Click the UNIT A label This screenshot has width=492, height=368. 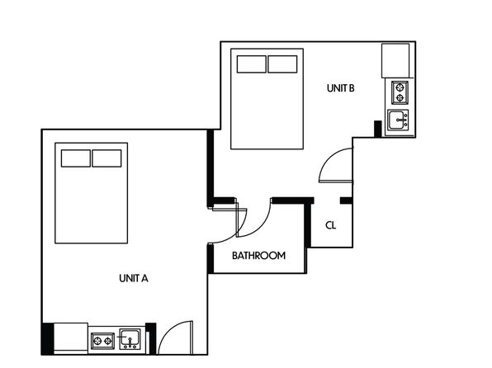pyautogui.click(x=134, y=278)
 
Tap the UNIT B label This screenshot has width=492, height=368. pyautogui.click(x=340, y=88)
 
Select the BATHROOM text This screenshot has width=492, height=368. pyautogui.click(x=259, y=256)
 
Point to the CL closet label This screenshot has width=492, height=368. pyautogui.click(x=331, y=225)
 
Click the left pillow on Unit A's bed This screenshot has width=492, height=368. pyautogui.click(x=76, y=158)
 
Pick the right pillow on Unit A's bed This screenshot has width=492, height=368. pyautogui.click(x=106, y=158)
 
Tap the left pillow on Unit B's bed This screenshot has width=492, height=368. pyautogui.click(x=251, y=64)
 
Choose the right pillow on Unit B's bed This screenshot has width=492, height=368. pyautogui.click(x=282, y=64)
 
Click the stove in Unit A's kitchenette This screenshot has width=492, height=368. pyautogui.click(x=102, y=341)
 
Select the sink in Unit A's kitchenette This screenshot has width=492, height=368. pyautogui.click(x=130, y=339)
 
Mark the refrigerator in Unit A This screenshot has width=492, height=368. pyautogui.click(x=71, y=338)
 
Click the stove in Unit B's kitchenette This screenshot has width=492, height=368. pyautogui.click(x=400, y=92)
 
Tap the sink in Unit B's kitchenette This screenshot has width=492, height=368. pyautogui.click(x=398, y=120)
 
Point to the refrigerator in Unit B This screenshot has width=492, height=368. pyautogui.click(x=395, y=60)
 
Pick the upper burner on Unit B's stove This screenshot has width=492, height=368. pyautogui.click(x=400, y=87)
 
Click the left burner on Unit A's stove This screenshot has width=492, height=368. pyautogui.click(x=97, y=341)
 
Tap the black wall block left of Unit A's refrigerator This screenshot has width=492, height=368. pyautogui.click(x=48, y=339)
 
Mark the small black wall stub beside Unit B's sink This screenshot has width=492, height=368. pyautogui.click(x=378, y=129)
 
